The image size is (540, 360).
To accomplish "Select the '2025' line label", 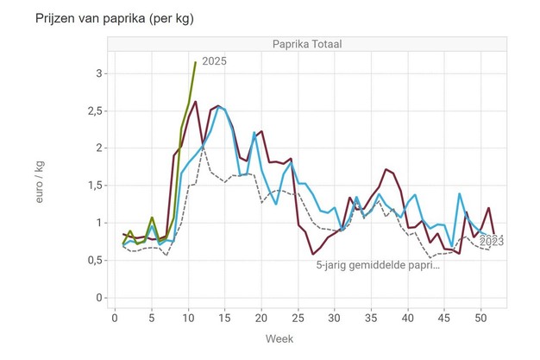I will (x=214, y=62).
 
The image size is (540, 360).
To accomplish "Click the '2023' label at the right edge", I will (x=490, y=242).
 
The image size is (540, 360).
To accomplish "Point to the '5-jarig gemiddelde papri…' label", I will (x=378, y=265).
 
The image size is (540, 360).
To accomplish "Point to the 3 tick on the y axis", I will (x=100, y=74).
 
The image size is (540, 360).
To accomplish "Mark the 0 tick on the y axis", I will (x=100, y=298).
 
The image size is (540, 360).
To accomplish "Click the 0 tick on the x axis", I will (x=115, y=316).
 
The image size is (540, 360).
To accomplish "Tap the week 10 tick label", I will (x=188, y=316).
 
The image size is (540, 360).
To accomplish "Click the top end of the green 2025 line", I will (x=196, y=62).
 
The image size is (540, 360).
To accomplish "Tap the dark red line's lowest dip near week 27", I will (x=313, y=254).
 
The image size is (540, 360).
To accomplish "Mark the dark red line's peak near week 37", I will (x=385, y=169).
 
